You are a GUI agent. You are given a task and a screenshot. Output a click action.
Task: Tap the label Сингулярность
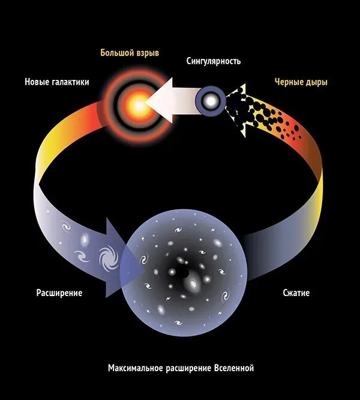click(213, 61)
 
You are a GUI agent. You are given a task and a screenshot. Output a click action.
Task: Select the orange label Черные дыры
click(301, 82)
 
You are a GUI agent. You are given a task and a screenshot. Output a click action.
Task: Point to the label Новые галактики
click(57, 82)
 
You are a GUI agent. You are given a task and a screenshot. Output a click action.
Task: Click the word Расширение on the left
click(59, 293)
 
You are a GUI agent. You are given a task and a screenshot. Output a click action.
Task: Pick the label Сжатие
click(296, 293)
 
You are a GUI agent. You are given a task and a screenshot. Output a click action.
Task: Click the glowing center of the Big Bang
click(137, 106)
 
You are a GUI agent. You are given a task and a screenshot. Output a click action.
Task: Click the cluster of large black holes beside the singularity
click(240, 108)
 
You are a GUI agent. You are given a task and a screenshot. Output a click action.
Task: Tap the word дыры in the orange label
click(316, 82)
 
